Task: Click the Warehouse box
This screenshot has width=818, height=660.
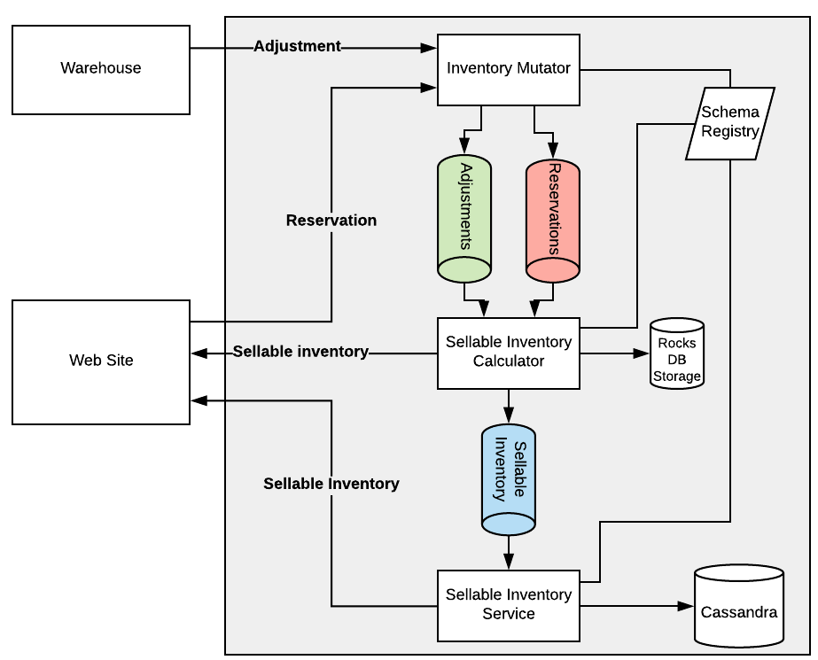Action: [101, 69]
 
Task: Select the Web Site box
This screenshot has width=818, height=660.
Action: [101, 361]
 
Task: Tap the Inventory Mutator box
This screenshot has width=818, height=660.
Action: [509, 69]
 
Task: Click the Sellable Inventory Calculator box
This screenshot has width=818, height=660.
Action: [509, 353]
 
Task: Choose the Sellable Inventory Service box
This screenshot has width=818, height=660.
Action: [509, 605]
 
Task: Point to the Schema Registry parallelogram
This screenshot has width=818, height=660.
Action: [730, 123]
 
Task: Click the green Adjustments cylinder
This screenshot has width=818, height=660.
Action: [464, 220]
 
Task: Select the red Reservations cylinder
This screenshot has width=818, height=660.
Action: [553, 220]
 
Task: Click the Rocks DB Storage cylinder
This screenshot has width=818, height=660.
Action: [677, 354]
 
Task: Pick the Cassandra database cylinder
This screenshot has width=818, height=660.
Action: [739, 607]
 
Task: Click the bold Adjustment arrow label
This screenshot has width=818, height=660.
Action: [297, 46]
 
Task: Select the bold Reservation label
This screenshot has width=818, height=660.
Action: [331, 221]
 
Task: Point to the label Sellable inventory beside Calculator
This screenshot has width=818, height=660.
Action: [300, 352]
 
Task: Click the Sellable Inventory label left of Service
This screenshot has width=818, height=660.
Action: [331, 484]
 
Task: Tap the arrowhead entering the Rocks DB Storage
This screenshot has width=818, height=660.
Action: [642, 353]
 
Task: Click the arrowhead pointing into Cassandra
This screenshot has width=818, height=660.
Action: [685, 606]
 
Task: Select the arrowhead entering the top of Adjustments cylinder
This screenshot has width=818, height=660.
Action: [464, 145]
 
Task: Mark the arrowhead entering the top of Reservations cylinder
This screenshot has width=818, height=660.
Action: [553, 150]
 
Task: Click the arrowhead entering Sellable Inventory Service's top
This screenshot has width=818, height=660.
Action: [509, 562]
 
